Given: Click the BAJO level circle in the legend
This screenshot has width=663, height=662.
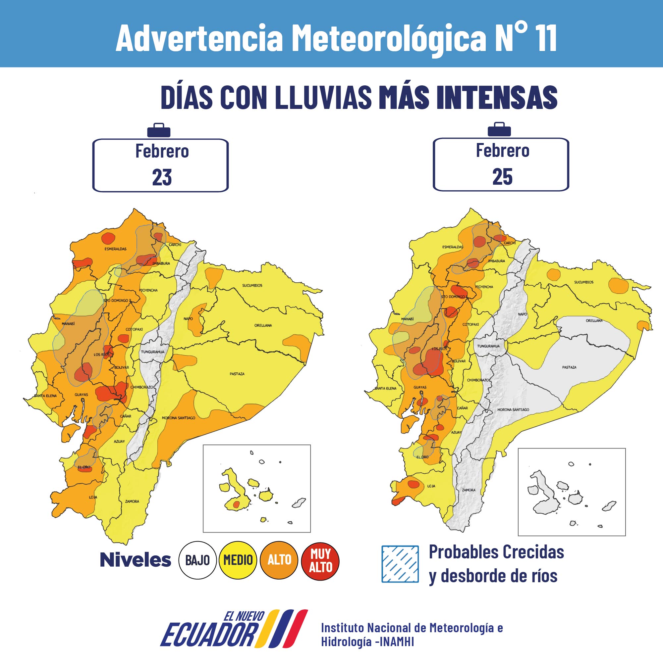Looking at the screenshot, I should (197, 560).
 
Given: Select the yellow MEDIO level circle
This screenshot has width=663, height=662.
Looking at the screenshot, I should (238, 560).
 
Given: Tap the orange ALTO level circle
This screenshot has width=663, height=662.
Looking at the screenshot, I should (279, 560).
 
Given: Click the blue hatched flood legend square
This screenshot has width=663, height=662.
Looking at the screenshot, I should (400, 564).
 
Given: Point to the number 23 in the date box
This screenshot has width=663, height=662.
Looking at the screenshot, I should (162, 177).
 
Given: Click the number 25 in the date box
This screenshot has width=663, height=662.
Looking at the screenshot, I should (502, 177).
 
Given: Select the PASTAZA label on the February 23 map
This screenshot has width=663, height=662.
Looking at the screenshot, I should (237, 374).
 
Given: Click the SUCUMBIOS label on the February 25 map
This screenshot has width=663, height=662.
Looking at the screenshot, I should (584, 282).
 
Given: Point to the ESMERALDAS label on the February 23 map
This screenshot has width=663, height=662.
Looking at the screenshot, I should (115, 249).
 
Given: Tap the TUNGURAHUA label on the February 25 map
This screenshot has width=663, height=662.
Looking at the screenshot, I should (488, 346).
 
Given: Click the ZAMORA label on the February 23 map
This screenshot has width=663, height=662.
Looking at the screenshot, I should (132, 501).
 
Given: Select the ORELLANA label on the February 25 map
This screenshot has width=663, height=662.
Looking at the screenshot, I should (594, 320).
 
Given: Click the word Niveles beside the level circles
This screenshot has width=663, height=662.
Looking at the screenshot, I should (135, 560).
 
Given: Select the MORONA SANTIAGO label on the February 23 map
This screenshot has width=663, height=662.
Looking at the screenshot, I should (179, 418).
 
